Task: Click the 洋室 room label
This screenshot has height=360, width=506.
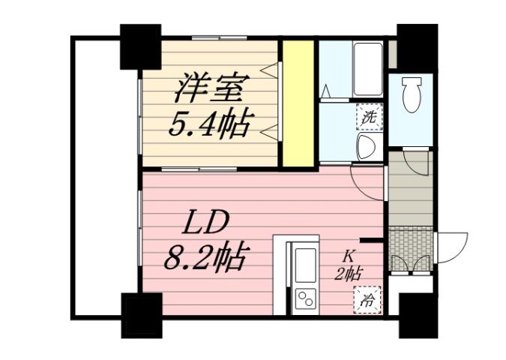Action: pyautogui.click(x=211, y=88)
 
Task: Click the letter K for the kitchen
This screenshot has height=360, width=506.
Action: pyautogui.click(x=349, y=256)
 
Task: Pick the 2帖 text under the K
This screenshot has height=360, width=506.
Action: pyautogui.click(x=349, y=273)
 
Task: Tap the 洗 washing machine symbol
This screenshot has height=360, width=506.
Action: pyautogui.click(x=368, y=116)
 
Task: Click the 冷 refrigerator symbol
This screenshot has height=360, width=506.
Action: pyautogui.click(x=368, y=301)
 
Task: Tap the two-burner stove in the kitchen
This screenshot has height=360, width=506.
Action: pyautogui.click(x=306, y=298)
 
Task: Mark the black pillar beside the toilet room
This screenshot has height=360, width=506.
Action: pyautogui.click(x=417, y=44)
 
